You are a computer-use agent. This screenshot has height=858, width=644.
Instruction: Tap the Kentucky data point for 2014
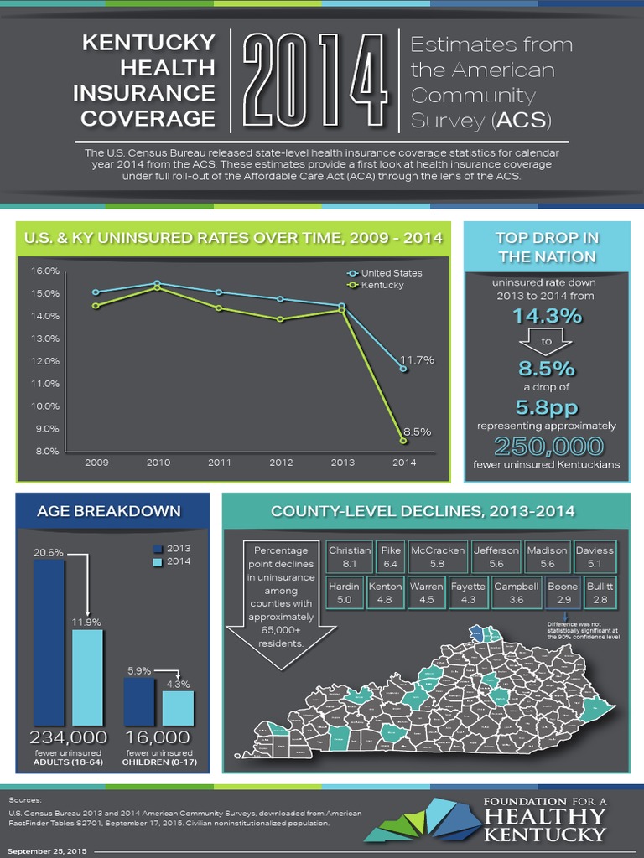tap(403, 441)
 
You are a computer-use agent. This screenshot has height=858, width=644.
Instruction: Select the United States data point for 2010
tap(158, 283)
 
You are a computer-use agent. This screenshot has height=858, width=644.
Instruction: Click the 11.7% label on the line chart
tap(417, 360)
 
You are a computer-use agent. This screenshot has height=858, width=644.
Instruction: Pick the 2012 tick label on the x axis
tap(280, 463)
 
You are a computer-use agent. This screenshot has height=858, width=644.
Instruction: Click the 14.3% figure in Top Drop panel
tap(546, 316)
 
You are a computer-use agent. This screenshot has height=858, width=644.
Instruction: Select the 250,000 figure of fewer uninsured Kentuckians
tap(548, 445)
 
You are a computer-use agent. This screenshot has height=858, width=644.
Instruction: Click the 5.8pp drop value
tap(546, 407)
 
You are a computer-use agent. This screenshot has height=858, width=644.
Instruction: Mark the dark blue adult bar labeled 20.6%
tap(49, 641)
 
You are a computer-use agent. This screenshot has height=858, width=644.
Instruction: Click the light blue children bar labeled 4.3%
tap(178, 707)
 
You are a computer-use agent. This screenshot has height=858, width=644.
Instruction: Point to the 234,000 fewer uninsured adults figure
tap(68, 737)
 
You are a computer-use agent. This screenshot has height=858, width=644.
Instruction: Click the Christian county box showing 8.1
tap(350, 557)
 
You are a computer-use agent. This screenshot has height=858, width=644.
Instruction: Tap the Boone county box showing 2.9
tap(563, 593)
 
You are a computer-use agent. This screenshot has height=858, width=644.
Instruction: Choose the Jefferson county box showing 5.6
tap(496, 557)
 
